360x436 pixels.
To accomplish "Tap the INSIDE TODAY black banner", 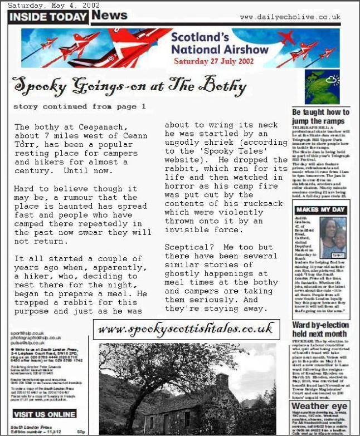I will point(48,17).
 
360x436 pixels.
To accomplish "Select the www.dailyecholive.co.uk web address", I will point(290,17).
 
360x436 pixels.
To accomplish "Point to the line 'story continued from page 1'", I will point(79,106).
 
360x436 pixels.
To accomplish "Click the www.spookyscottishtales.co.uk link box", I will point(186,329).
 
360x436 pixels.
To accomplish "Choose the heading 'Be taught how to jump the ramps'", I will point(320,116).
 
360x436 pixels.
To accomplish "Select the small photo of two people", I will point(334,237).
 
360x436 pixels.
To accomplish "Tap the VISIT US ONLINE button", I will point(45,414).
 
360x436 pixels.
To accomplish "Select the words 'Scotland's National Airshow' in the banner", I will point(212,43).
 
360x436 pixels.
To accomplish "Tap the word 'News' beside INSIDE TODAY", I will point(110,15).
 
